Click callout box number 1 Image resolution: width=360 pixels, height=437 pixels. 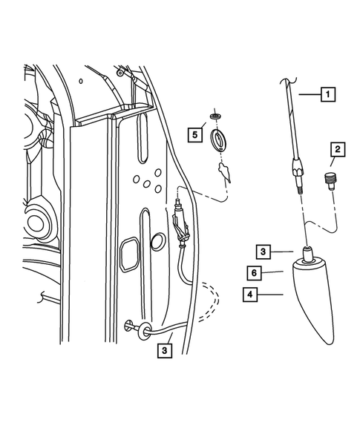pyautogui.click(x=327, y=95)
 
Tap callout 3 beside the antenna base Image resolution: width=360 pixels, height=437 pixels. pyautogui.click(x=265, y=251)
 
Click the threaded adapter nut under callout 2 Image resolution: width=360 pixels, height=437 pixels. pyautogui.click(x=331, y=180)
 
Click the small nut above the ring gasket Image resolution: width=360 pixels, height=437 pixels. pyautogui.click(x=215, y=117)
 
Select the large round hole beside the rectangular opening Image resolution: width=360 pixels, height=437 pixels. pyautogui.click(x=157, y=242)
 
